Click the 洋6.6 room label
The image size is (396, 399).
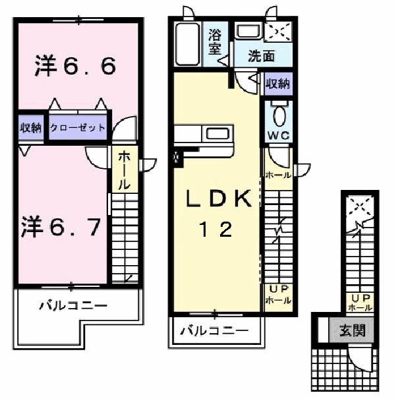[76, 67]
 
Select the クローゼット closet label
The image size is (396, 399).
[78, 127]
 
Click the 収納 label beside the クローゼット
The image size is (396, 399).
[30, 127]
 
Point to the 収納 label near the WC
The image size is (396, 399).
[277, 84]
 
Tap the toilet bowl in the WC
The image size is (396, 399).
[278, 115]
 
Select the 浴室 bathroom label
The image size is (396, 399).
[215, 41]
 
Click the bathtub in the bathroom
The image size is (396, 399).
[190, 44]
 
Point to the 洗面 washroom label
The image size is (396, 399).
[261, 56]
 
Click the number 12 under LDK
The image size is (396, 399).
[216, 230]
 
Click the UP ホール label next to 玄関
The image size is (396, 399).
[360, 303]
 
